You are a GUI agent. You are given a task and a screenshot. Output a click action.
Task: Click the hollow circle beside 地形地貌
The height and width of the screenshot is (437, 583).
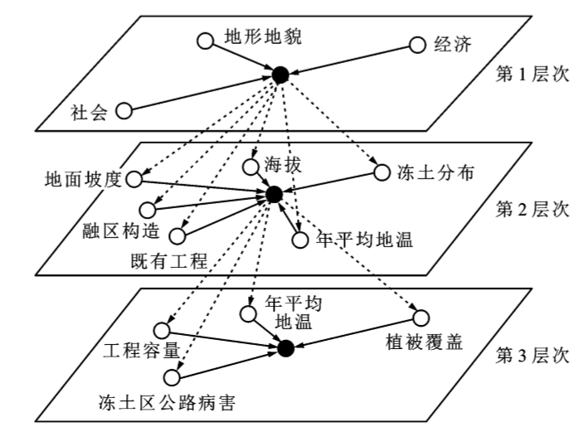point(204,39)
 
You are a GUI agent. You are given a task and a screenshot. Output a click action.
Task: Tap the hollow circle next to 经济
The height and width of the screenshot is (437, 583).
point(418,43)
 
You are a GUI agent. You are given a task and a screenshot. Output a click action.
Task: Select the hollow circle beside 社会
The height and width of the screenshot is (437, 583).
point(124,110)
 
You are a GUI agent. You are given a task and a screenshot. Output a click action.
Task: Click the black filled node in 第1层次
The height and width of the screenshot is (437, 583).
point(280,75)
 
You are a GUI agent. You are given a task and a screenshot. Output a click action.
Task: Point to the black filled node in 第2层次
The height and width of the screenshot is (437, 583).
point(272,195)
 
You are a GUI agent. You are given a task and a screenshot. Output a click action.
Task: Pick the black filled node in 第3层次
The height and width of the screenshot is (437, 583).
point(286,348)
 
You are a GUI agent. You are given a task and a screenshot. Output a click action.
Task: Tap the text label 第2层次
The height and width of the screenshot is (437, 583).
point(532,209)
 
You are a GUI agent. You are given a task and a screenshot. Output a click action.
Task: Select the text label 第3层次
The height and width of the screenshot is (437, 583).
point(532,357)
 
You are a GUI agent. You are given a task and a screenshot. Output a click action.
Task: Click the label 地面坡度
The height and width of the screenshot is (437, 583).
point(84,177)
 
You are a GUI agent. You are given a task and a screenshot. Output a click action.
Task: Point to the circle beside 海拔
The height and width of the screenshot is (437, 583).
point(250,167)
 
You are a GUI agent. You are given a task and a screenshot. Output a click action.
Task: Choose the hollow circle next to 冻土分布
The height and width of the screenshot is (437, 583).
point(381,172)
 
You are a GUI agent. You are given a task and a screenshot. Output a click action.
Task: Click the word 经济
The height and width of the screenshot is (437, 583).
point(453,43)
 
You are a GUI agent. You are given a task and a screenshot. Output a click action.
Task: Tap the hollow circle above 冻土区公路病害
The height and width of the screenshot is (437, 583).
point(172,378)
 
